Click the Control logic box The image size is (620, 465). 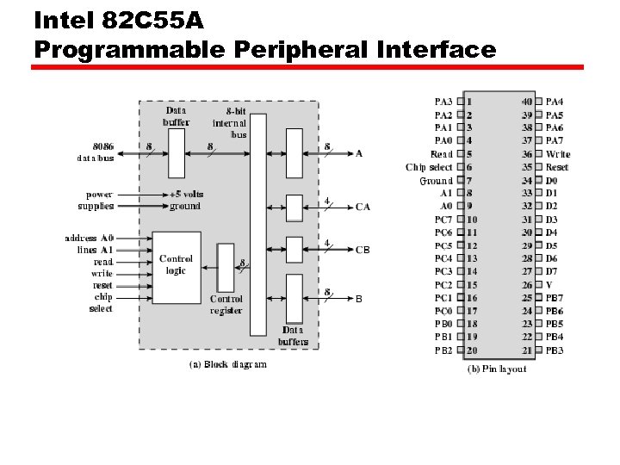(x=176, y=264)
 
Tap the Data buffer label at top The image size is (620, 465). (x=177, y=116)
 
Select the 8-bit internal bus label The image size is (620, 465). (x=229, y=122)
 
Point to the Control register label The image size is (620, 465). (x=226, y=305)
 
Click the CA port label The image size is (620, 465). (x=363, y=207)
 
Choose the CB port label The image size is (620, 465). (x=363, y=250)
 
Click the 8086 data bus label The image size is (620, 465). (x=96, y=152)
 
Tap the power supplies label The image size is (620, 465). (x=96, y=201)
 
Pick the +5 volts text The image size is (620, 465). (x=186, y=195)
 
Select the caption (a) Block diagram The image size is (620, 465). (x=227, y=364)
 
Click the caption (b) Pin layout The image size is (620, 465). (x=496, y=369)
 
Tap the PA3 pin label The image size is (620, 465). (x=443, y=102)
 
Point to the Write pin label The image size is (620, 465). (x=558, y=154)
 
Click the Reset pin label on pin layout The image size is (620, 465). (x=557, y=167)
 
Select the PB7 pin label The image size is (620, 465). (x=555, y=298)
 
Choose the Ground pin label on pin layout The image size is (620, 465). (x=436, y=181)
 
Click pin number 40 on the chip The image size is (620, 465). (x=527, y=102)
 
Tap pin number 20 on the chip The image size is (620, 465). (x=472, y=350)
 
